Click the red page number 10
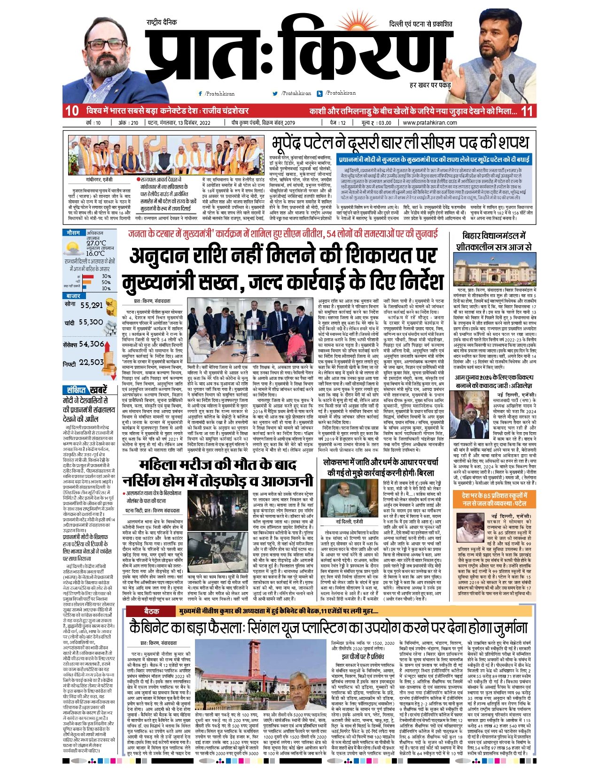click(72, 111)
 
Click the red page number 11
click(527, 111)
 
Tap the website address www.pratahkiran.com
click(430, 123)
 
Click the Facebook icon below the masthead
click(201, 94)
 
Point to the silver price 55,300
click(91, 323)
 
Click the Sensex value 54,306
click(92, 344)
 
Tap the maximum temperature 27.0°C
click(96, 243)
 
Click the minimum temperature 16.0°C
click(95, 253)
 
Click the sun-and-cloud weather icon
click(72, 248)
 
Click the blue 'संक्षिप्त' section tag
click(76, 390)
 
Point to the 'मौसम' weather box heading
click(74, 233)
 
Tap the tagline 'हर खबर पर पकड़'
click(417, 86)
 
